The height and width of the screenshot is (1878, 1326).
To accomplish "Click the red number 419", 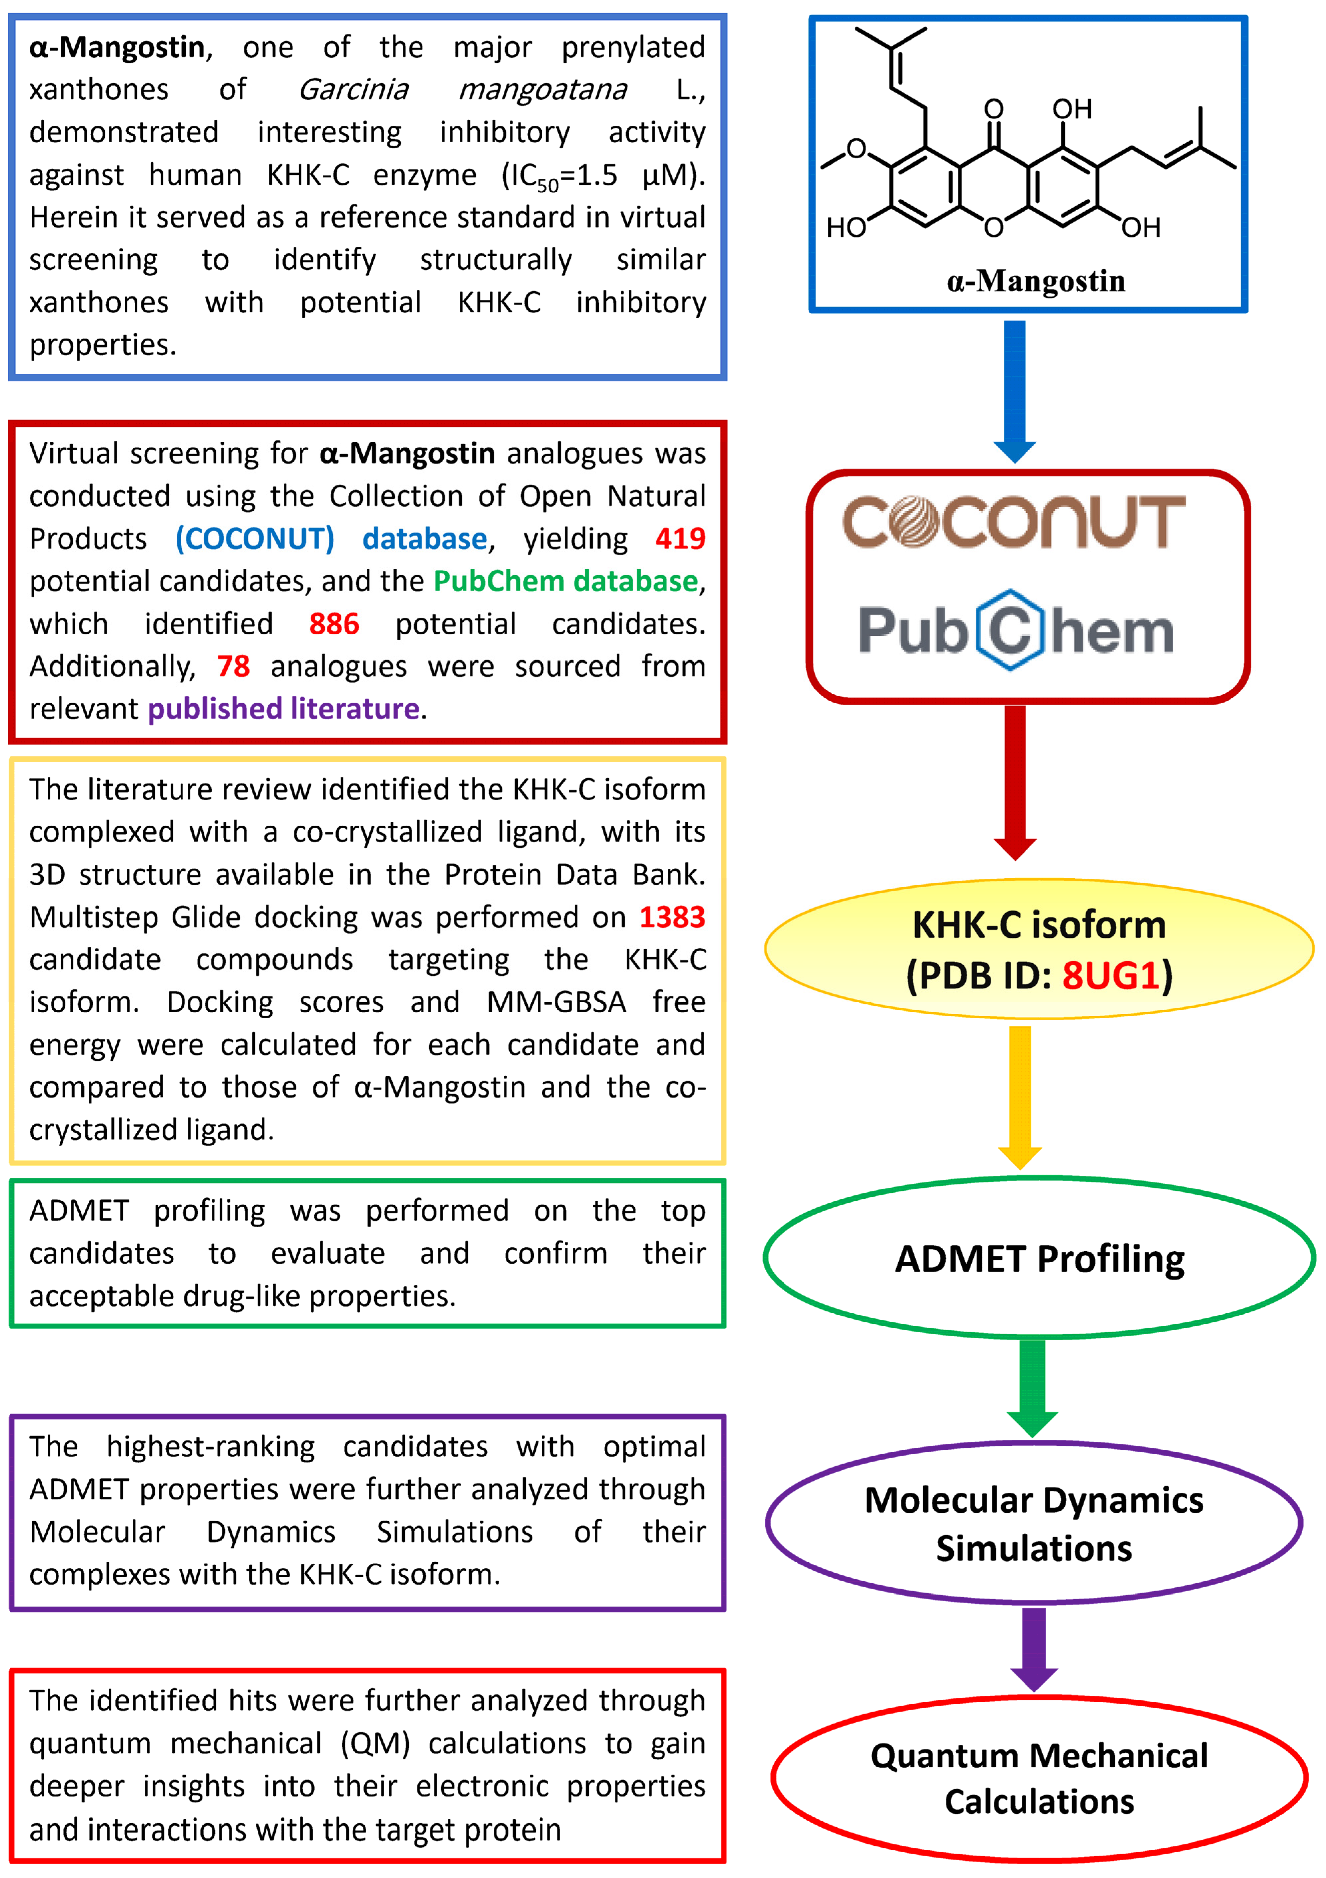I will (680, 538).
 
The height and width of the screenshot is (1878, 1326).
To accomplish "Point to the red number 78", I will (233, 666).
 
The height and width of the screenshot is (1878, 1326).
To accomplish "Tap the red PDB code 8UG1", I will (1111, 975).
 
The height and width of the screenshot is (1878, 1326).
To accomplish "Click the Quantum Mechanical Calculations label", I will (1039, 1778).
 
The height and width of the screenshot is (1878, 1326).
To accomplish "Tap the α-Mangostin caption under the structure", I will (1035, 281).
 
